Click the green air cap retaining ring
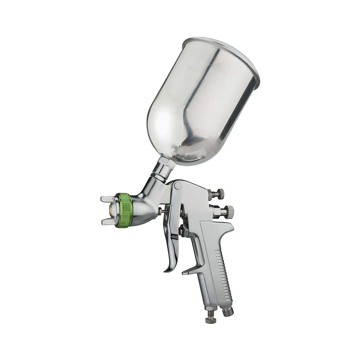[123, 210]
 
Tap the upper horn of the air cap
[107, 198]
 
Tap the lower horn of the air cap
[107, 222]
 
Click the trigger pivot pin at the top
[177, 186]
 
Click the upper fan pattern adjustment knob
[217, 194]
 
